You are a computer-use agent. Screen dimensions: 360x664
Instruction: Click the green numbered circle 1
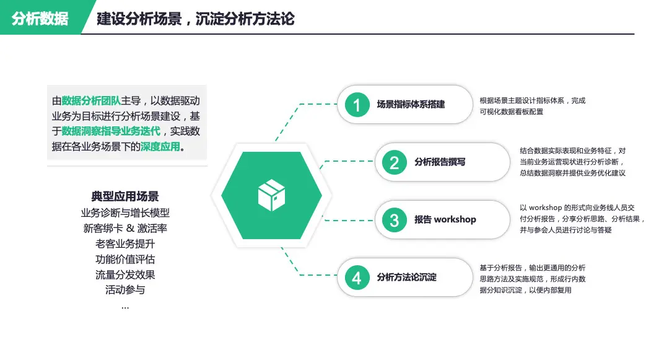[x=357, y=105]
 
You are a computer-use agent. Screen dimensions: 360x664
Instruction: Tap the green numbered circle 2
[x=394, y=162]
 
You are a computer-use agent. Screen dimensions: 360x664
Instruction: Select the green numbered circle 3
[x=394, y=220]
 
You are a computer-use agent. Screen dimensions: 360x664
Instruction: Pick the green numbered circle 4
[x=357, y=278]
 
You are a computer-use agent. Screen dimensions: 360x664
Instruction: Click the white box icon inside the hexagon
[x=271, y=195]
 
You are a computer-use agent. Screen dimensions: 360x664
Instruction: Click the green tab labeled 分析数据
[x=40, y=19]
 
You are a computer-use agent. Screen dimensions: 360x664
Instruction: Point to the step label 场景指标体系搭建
[x=411, y=105]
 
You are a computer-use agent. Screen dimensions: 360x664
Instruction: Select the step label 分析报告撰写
[x=440, y=162]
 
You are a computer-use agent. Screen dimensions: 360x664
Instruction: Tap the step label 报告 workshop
[x=445, y=220]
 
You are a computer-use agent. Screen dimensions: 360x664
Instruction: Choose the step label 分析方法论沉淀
[x=406, y=278]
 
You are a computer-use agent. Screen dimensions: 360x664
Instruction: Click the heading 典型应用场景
[x=125, y=196]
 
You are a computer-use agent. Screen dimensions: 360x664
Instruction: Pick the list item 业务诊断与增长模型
[x=125, y=213]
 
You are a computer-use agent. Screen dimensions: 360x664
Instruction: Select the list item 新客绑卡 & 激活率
[x=125, y=228]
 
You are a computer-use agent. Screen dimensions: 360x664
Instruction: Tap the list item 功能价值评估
[x=125, y=259]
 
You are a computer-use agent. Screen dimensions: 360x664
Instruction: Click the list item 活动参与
[x=125, y=289]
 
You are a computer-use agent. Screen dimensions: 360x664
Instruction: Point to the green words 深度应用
[x=160, y=147]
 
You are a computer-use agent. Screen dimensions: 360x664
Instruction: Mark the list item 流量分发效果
[x=125, y=274]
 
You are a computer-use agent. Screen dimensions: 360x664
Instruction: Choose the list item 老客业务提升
[x=125, y=244]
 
